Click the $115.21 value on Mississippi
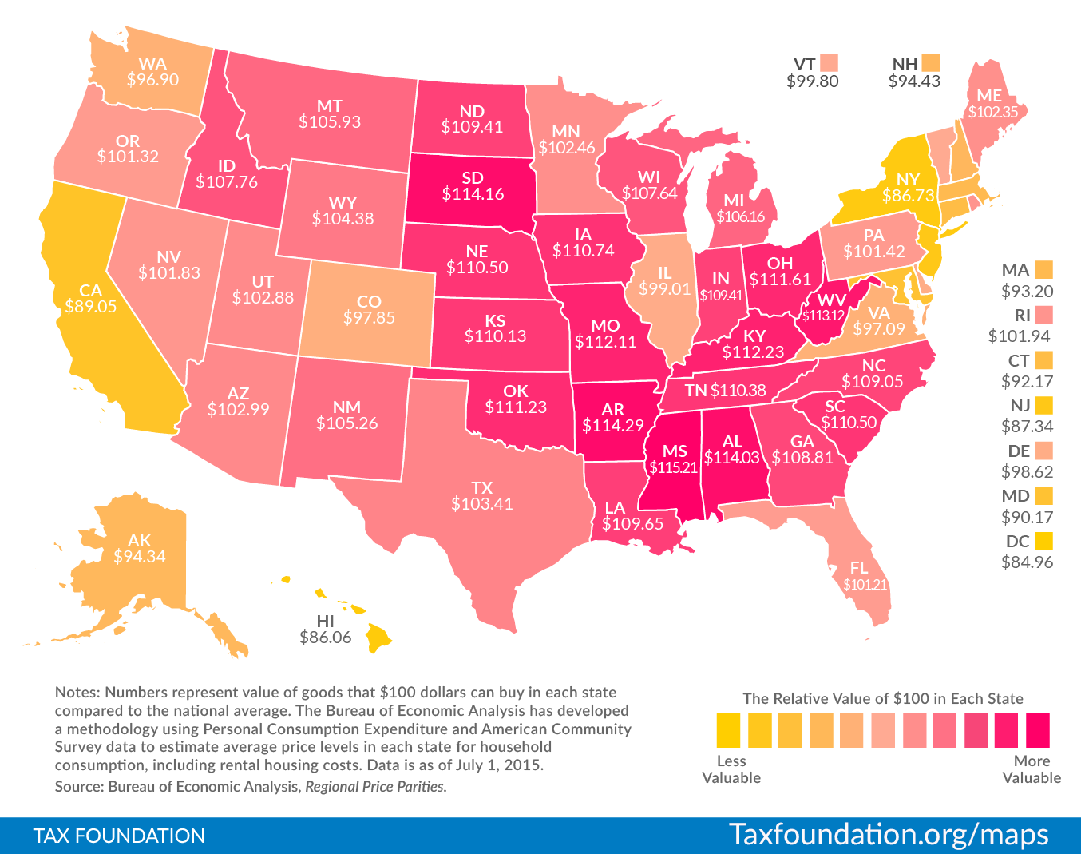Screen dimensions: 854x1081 point(675,467)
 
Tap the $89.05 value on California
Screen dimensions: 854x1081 point(90,306)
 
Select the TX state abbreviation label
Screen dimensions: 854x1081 point(481,487)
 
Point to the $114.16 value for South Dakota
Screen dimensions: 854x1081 point(473,193)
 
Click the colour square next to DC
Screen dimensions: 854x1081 point(1043,541)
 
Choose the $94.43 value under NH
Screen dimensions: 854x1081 point(914,81)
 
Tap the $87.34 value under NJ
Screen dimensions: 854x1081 point(1027,427)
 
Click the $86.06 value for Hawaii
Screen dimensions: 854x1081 point(326,638)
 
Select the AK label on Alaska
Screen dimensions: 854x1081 point(139,541)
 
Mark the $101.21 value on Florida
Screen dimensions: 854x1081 point(865,584)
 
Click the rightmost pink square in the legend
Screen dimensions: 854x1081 point(1037,729)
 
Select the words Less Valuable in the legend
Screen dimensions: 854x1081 point(731,769)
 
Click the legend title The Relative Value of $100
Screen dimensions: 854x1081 point(882,698)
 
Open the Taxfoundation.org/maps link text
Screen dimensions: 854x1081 point(889,834)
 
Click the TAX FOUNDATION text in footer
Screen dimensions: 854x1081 point(119,836)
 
